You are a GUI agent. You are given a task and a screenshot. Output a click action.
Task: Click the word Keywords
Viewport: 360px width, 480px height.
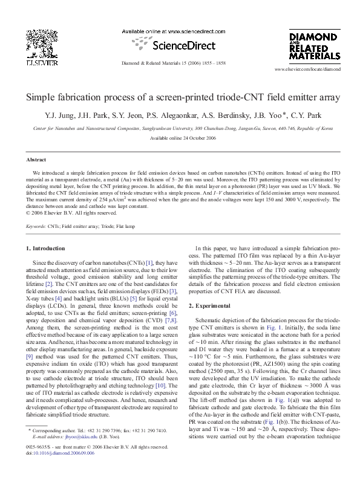point(38,226)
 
